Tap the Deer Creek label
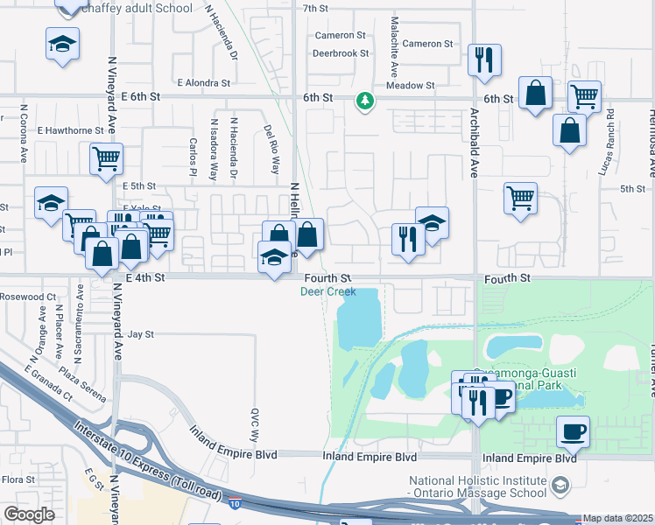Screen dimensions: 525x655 [327, 291]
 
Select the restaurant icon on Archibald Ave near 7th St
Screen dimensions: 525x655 [484, 60]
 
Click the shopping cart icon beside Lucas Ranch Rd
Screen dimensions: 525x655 [584, 95]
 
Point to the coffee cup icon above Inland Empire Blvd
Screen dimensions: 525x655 [574, 430]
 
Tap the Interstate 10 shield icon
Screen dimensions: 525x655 [236, 504]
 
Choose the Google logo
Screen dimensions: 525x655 [28, 514]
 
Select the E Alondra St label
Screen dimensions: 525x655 [203, 84]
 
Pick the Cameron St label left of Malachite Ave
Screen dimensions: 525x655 [340, 36]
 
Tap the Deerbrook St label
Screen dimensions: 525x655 [341, 53]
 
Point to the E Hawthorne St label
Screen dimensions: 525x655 [70, 130]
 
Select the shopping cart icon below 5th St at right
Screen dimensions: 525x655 [520, 198]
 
